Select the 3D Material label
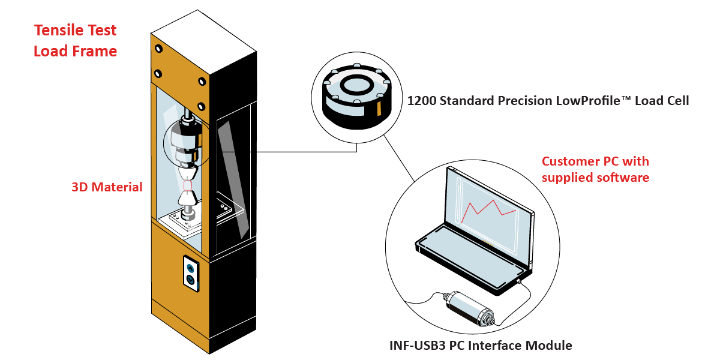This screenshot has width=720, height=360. (107, 187)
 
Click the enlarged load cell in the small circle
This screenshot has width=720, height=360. (356, 93)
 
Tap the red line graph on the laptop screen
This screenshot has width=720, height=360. (488, 209)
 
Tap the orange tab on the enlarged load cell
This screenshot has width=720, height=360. (379, 109)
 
